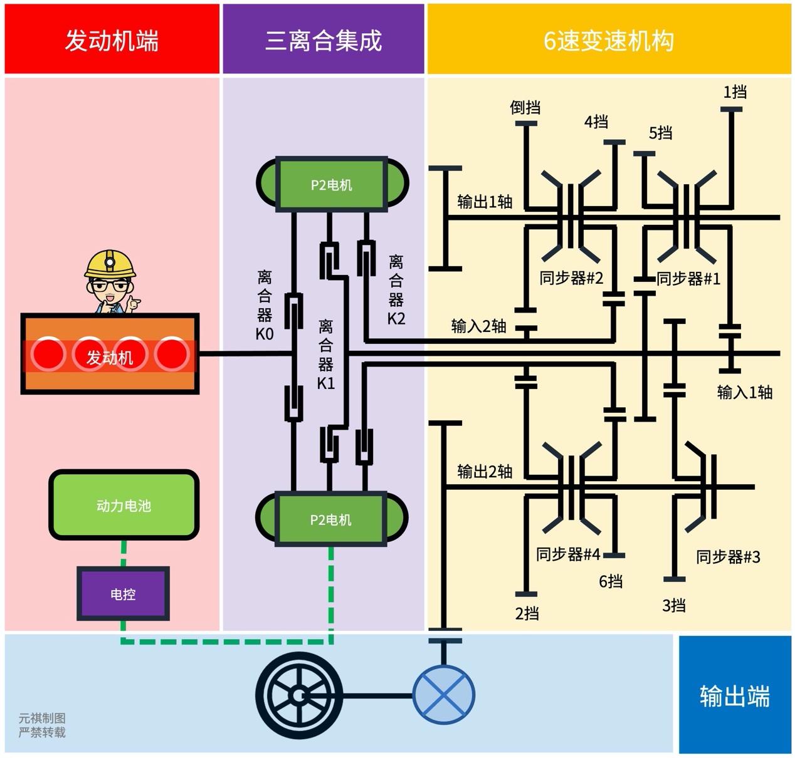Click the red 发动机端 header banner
coord(112,40)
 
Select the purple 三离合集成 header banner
coord(324,40)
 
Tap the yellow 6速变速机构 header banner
coord(608,40)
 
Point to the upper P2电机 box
coord(331,184)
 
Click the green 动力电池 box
coord(124,505)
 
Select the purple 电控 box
coord(123,593)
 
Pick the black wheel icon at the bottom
coord(299,695)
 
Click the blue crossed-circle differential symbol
coord(443,695)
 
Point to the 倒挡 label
coord(525,107)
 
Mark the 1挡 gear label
coord(734,92)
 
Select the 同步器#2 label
coord(571,278)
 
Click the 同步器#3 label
coord(728,556)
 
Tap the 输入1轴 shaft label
coord(744,392)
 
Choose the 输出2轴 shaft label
coord(484,471)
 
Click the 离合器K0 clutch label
coord(265,305)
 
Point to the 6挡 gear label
coord(610,581)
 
